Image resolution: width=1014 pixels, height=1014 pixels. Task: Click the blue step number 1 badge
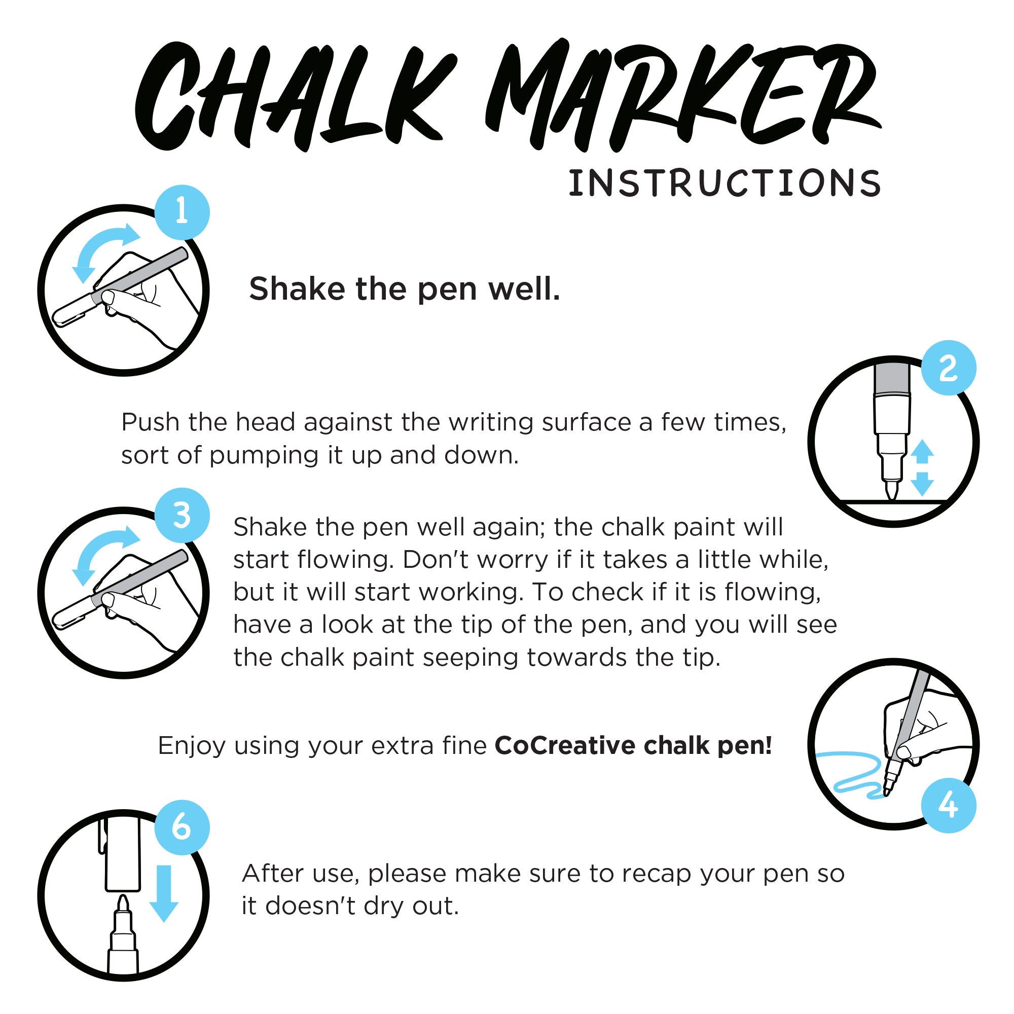(x=182, y=213)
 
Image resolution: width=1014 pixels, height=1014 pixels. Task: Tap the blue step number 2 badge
(x=949, y=369)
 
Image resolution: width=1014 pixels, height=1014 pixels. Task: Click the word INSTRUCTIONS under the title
(x=725, y=183)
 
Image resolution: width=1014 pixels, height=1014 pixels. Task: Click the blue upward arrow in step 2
(x=922, y=452)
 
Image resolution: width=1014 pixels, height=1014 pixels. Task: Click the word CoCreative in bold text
(x=565, y=746)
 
